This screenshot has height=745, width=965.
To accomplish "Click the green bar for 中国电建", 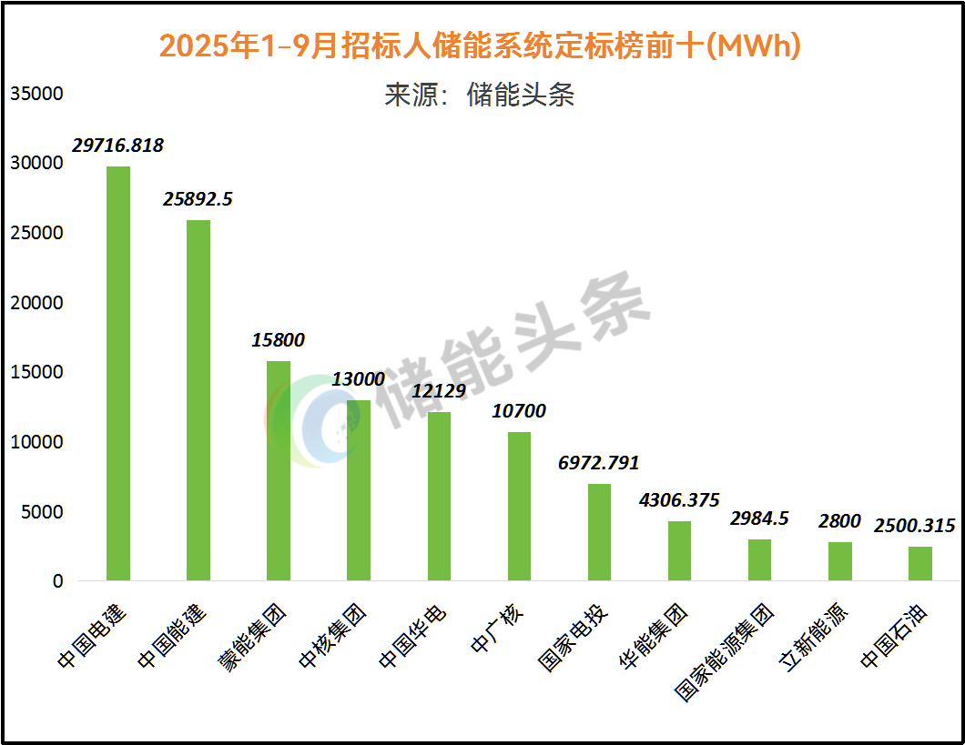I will pos(118,373).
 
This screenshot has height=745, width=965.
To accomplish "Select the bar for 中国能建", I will pos(198,400).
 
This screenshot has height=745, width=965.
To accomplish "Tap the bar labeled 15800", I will pos(279,470).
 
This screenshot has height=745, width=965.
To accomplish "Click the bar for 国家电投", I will pos(599,532).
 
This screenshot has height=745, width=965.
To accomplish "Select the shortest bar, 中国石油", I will pos(920,563).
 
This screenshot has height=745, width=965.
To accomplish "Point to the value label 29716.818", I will pos(118,146).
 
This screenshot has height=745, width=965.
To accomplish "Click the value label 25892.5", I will pos(198,198).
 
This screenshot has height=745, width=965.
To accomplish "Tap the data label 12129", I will pos(439,391).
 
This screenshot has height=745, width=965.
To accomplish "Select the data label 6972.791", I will pos(599,463).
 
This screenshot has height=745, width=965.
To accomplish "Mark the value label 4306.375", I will pos(679,500).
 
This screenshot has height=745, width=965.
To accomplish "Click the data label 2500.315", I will pos(915,526).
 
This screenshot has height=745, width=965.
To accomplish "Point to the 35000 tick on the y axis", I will pos(36,94).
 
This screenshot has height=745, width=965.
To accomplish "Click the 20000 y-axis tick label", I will pos(36,303).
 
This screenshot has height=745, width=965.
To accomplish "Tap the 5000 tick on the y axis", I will pos(42,511).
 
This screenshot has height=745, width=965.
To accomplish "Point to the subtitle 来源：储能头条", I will pos(480,95).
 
